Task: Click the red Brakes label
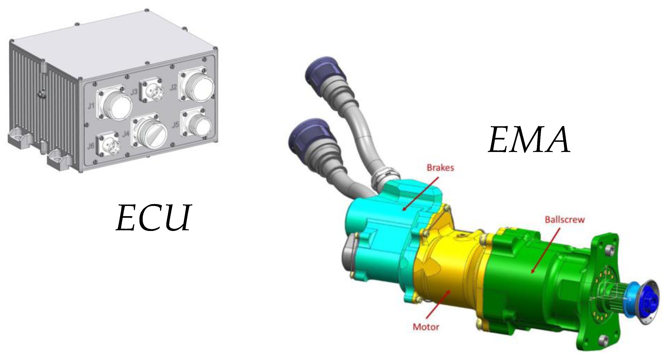pyautogui.click(x=440, y=167)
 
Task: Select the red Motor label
pyautogui.click(x=426, y=327)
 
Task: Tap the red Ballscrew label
pyautogui.click(x=565, y=220)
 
